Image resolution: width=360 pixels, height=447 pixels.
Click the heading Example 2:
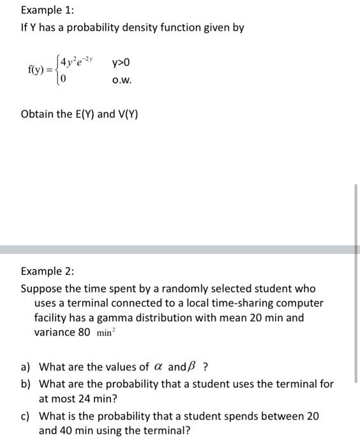pyautogui.click(x=47, y=271)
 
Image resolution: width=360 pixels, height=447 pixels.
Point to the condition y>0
pyautogui.click(x=121, y=63)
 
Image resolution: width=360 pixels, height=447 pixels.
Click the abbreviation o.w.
pyautogui.click(x=121, y=81)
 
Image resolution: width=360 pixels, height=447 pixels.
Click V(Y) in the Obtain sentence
pyautogui.click(x=128, y=114)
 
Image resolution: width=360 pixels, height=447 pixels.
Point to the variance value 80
pyautogui.click(x=83, y=332)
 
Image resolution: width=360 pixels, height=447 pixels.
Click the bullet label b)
pyautogui.click(x=26, y=384)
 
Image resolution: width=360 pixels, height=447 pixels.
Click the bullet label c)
pyautogui.click(x=26, y=416)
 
